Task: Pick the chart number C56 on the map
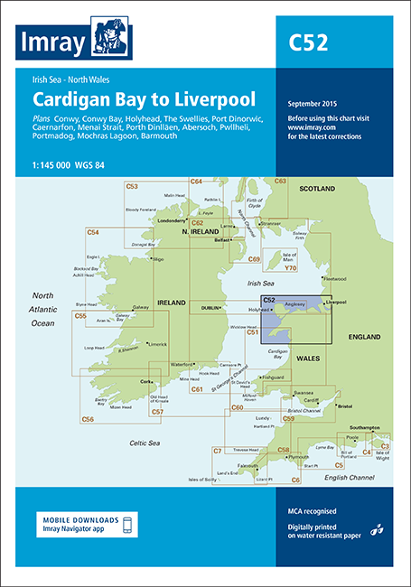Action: click(x=88, y=419)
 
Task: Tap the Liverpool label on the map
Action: click(x=339, y=303)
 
